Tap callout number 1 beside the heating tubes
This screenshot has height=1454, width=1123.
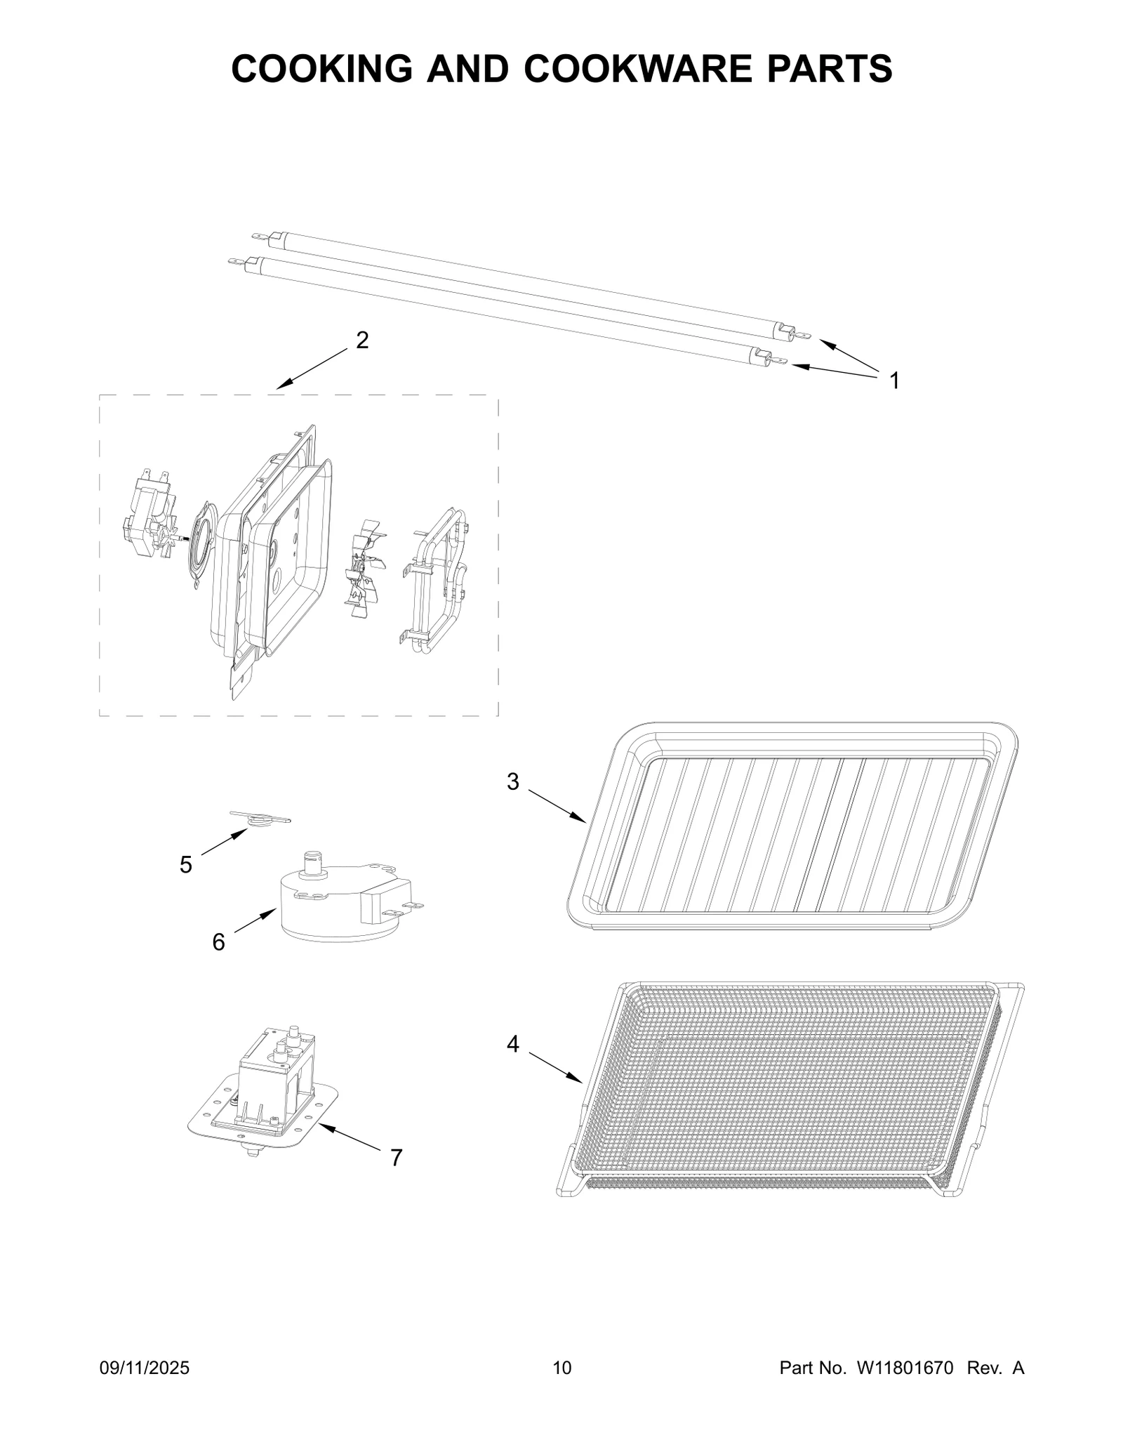[893, 381]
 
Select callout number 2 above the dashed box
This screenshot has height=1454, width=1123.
[362, 341]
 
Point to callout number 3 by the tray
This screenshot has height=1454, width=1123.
[513, 781]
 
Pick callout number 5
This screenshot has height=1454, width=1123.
[185, 864]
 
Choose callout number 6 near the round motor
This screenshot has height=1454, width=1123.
[218, 942]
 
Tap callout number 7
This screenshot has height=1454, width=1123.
[397, 1158]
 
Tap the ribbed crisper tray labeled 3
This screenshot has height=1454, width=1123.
[793, 828]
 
